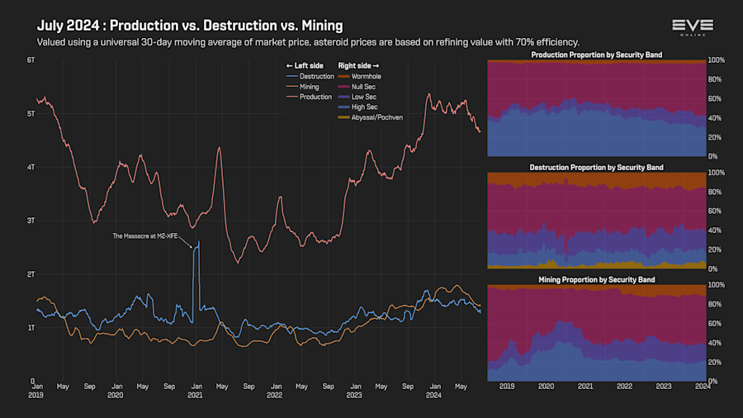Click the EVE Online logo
[692, 27]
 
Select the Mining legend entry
[305, 86]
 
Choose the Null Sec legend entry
[359, 86]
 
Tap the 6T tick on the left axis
[31, 60]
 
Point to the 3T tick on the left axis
[31, 221]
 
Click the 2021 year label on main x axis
[195, 395]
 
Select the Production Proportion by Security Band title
[597, 55]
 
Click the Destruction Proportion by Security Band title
[597, 168]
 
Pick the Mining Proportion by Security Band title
[597, 280]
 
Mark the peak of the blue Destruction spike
[198, 242]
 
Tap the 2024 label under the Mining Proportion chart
[703, 386]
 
